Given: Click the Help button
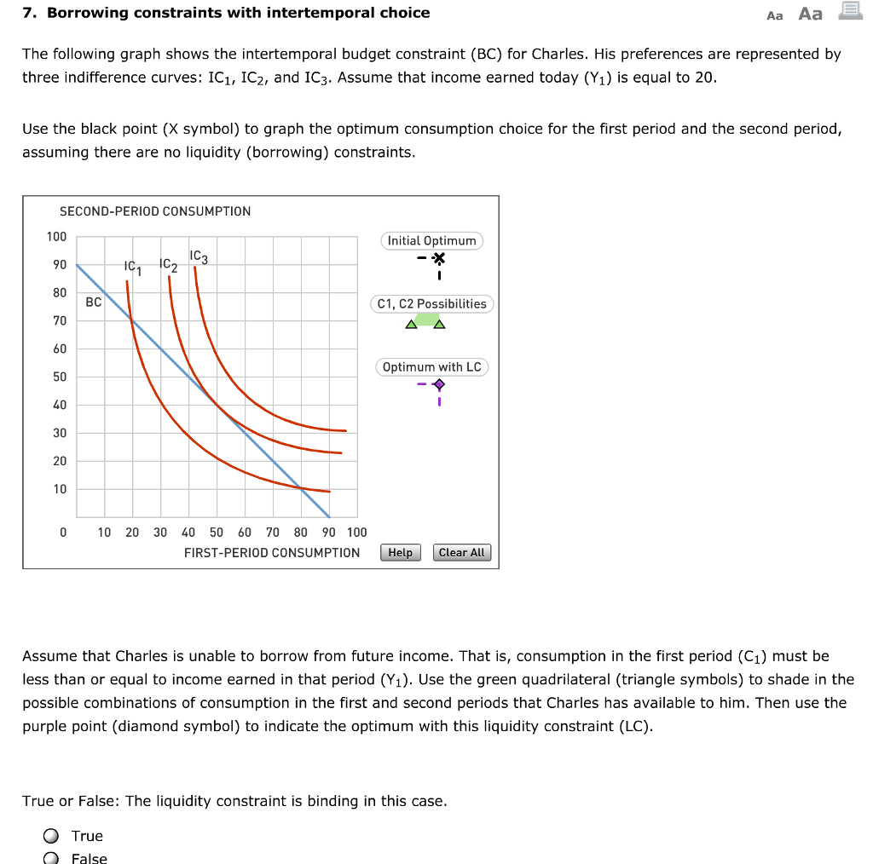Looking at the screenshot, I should coord(401,553).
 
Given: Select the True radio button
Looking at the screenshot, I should coord(52,836).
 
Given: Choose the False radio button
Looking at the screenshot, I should coord(52,858).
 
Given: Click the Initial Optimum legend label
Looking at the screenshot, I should coord(431,241).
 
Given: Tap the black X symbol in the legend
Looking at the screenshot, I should coord(438,259).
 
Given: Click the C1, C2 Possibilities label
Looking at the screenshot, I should coord(431,304).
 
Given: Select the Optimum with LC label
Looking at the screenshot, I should coord(431,367).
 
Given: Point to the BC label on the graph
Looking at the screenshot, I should coord(94,302).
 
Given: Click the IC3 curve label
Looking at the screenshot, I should coord(199,256).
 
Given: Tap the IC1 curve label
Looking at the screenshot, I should coord(132,267).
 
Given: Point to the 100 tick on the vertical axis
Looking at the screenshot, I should coord(57,237).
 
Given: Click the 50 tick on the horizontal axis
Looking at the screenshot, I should coord(217,533).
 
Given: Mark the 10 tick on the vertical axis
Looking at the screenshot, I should coord(60,489).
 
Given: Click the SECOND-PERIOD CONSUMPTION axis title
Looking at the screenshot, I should coord(155,211).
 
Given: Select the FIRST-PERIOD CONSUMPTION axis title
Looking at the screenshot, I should coord(272,553).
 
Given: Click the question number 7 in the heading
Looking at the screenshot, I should coord(27,13).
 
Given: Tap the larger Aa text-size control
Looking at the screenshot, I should coord(811,14).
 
